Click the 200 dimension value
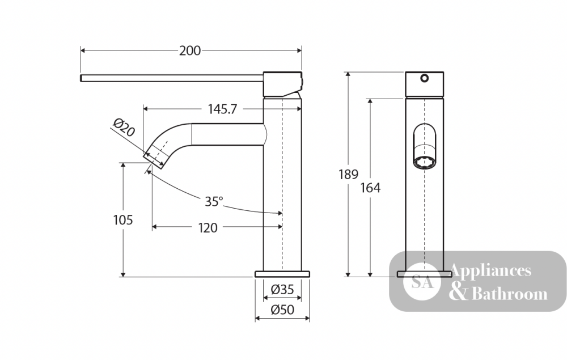190,50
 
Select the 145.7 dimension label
222,109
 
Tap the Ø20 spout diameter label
124,127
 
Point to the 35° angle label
214,201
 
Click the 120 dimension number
208,228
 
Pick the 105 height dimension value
123,220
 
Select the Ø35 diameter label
282,289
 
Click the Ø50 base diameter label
282,310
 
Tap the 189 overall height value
348,175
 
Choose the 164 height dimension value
370,188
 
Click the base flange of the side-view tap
282,274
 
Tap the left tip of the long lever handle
81,78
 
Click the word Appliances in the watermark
490,272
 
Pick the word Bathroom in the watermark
510,294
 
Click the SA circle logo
422,282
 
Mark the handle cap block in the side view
282,84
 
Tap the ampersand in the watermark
459,293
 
